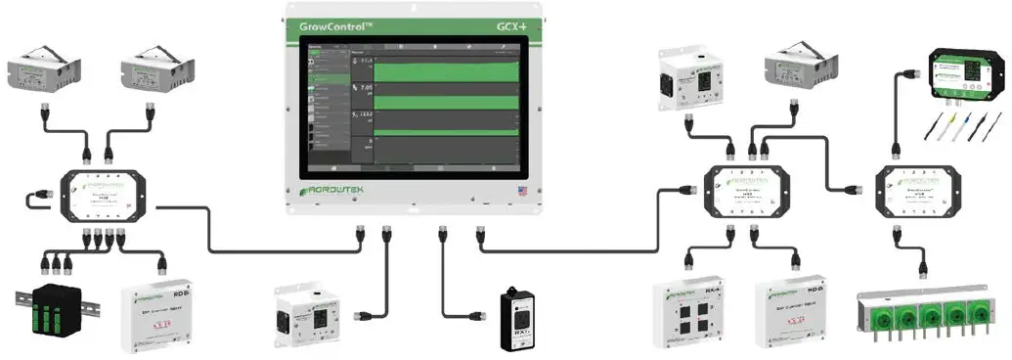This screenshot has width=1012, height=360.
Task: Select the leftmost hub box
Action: tap(103, 193)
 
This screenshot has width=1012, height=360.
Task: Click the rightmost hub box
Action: tap(917, 191)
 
